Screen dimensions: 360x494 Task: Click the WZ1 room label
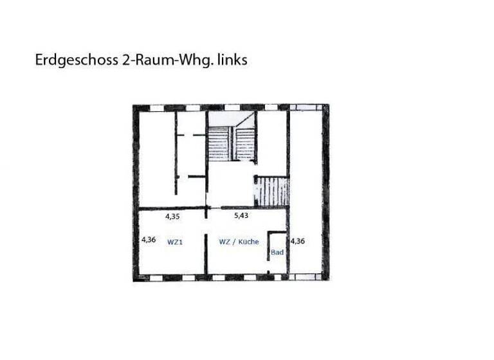[175, 242]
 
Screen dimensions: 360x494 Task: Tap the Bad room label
[277, 253]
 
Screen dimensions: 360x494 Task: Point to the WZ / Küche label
[239, 242]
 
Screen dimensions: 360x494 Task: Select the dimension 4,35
[172, 217]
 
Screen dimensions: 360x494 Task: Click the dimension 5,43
[241, 216]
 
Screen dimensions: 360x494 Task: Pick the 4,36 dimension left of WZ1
[148, 240]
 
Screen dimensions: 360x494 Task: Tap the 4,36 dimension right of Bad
[297, 242]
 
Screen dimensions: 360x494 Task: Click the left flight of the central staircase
[219, 143]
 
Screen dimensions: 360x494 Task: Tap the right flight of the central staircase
[244, 143]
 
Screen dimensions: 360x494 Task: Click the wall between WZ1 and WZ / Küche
[205, 248]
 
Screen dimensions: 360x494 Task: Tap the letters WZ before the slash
[224, 242]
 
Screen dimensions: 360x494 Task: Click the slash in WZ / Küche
[233, 242]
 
